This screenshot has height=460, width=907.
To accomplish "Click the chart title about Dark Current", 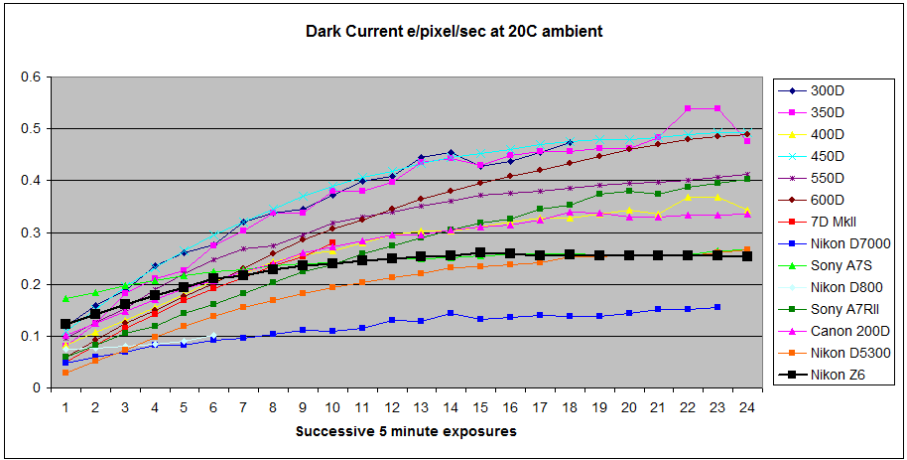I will (453, 32).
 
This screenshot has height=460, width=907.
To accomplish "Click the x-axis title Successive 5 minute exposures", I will (406, 432).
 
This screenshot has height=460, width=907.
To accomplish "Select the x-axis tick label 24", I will (746, 406).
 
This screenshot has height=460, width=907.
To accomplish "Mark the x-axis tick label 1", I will (65, 406).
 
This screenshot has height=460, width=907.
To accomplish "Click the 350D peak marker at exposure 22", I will (688, 108).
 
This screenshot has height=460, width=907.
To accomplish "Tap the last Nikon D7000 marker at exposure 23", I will (717, 307).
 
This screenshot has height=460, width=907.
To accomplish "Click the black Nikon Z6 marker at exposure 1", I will (65, 324).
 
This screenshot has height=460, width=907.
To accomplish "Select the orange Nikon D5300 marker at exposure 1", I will (65, 372).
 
